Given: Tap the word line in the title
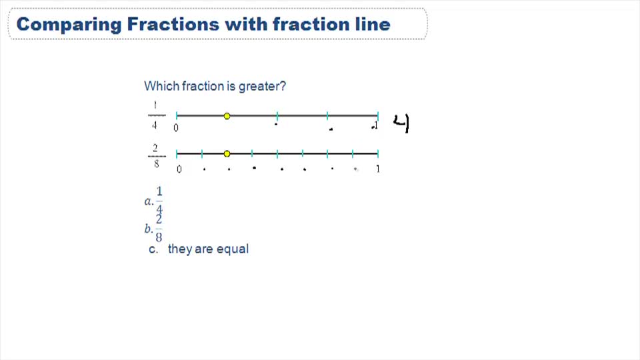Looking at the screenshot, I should pyautogui.click(x=369, y=25).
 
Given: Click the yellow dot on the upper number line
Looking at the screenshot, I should pyautogui.click(x=227, y=116).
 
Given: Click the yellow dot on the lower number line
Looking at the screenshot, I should pyautogui.click(x=227, y=154).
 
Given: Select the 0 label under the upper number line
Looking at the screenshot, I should pyautogui.click(x=176, y=128).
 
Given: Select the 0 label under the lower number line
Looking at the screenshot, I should pyautogui.click(x=179, y=169).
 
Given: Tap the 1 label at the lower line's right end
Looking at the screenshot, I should pyautogui.click(x=378, y=169).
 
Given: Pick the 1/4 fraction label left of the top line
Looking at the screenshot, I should pyautogui.click(x=155, y=115).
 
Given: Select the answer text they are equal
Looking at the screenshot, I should pyautogui.click(x=208, y=249).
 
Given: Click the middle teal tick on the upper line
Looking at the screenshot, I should pyautogui.click(x=277, y=116).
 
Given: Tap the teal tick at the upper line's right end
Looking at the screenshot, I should pyautogui.click(x=378, y=116).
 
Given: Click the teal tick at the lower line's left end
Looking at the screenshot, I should pyautogui.click(x=177, y=154).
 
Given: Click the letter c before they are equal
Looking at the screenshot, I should pyautogui.click(x=153, y=249).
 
